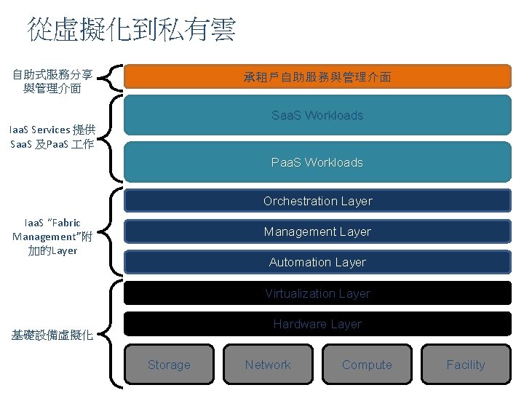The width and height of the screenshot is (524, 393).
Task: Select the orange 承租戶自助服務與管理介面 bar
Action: (317, 76)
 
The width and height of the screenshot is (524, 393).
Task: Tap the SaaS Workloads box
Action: (317, 115)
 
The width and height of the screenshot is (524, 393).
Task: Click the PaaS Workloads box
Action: (317, 162)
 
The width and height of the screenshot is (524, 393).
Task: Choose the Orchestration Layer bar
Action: (317, 201)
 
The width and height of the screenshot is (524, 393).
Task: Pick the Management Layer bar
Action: (317, 231)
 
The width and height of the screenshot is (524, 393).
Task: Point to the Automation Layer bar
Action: (317, 262)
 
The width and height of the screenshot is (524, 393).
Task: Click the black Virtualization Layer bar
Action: (317, 293)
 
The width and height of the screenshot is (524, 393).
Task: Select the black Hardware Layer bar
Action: (317, 324)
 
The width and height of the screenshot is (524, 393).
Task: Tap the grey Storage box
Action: (169, 365)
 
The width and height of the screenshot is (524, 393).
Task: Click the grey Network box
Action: (268, 365)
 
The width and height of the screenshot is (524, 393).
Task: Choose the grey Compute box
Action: (367, 365)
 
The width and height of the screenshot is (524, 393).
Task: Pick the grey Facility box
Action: (466, 365)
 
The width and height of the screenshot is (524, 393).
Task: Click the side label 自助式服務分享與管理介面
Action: (52, 82)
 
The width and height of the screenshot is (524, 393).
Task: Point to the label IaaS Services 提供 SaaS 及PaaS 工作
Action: (52, 137)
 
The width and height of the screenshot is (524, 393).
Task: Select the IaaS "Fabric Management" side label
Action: (52, 237)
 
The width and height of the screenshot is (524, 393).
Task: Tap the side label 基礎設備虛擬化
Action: (52, 336)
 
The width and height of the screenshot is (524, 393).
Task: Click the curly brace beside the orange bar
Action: (111, 76)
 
